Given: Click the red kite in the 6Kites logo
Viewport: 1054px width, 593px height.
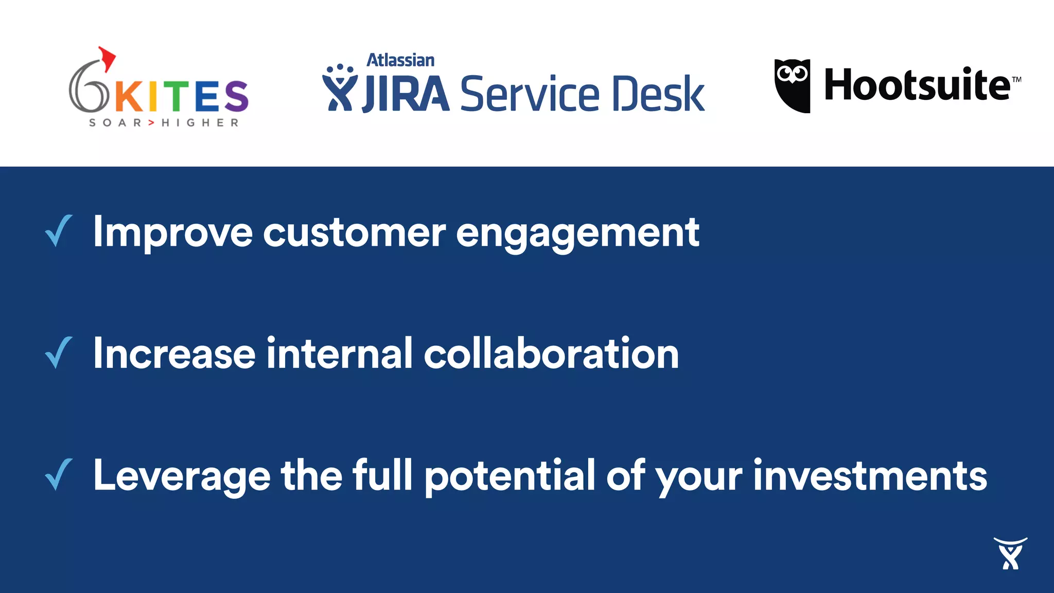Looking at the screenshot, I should click(107, 58).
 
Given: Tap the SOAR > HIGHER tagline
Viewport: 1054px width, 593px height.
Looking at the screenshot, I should click(164, 123).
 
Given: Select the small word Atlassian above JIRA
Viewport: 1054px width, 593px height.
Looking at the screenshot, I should click(400, 60).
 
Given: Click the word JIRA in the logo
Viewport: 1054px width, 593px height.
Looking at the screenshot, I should click(406, 94).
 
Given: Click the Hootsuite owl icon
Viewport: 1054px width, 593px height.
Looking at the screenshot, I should click(792, 85).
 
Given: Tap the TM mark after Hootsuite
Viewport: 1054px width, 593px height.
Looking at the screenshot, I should click(1016, 80).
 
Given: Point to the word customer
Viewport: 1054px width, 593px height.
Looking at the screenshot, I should click(354, 233).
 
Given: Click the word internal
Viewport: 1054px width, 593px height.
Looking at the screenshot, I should click(339, 354).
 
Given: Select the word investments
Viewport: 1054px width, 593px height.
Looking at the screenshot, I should click(870, 476).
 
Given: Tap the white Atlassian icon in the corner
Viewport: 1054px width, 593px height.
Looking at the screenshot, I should click(1010, 553).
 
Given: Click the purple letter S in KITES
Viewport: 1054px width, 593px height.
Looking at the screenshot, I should click(236, 96).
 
